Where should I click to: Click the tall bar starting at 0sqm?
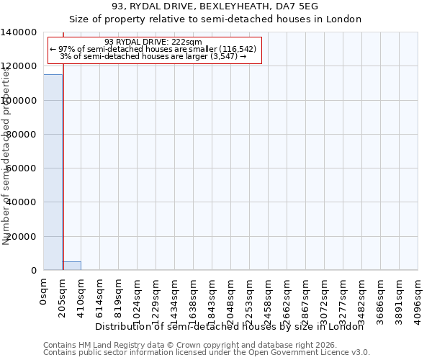tap(53, 173)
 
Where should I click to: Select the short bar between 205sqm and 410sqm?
tap(71, 266)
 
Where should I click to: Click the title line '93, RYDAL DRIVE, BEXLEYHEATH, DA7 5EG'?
tap(215, 6)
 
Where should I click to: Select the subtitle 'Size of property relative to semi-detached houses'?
tap(215, 19)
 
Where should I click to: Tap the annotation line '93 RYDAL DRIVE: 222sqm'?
tap(153, 42)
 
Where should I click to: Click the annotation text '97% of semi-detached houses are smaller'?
tap(153, 49)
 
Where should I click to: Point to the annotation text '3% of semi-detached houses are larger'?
tap(153, 56)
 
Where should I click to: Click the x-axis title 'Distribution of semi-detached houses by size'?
tap(230, 326)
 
